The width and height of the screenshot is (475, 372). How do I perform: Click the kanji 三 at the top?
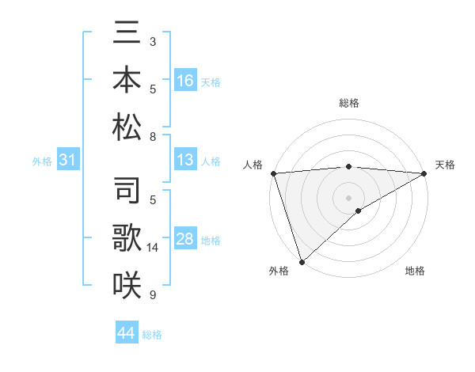(127, 34)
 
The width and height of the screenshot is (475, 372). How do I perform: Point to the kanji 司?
(127, 192)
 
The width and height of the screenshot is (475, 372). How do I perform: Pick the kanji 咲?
(127, 283)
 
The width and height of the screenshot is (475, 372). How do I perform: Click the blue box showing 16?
(185, 81)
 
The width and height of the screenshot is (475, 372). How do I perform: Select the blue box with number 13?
(185, 161)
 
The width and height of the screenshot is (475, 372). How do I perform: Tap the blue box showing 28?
(185, 240)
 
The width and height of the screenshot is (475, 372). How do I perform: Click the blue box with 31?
(68, 161)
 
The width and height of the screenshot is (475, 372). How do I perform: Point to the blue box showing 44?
(127, 333)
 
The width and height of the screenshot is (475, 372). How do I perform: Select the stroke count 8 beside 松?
(153, 137)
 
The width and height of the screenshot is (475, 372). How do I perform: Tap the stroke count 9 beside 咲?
(153, 295)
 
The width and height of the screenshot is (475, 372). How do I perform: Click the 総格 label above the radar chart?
(349, 103)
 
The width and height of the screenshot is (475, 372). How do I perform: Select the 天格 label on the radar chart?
(445, 165)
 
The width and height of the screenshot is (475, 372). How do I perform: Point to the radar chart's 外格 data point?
(302, 261)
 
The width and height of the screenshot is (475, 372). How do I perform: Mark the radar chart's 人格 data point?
(272, 173)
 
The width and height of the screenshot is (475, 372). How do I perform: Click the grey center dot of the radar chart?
(348, 197)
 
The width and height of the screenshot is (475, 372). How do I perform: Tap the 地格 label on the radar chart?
(415, 271)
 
